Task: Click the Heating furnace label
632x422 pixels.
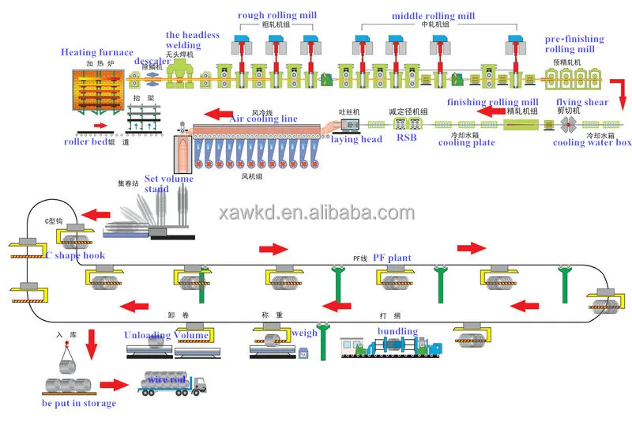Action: [x=96, y=52]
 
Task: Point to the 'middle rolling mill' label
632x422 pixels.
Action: [x=433, y=16]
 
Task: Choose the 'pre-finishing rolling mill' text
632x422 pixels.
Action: [x=574, y=44]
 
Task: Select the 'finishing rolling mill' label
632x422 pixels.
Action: [x=493, y=102]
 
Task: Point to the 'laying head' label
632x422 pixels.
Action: [x=357, y=140]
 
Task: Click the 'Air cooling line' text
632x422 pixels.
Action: [x=263, y=119]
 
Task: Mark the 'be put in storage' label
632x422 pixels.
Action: [x=79, y=404]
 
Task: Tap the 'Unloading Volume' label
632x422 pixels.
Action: [x=167, y=335]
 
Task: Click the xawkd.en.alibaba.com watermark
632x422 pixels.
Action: [x=315, y=212]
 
